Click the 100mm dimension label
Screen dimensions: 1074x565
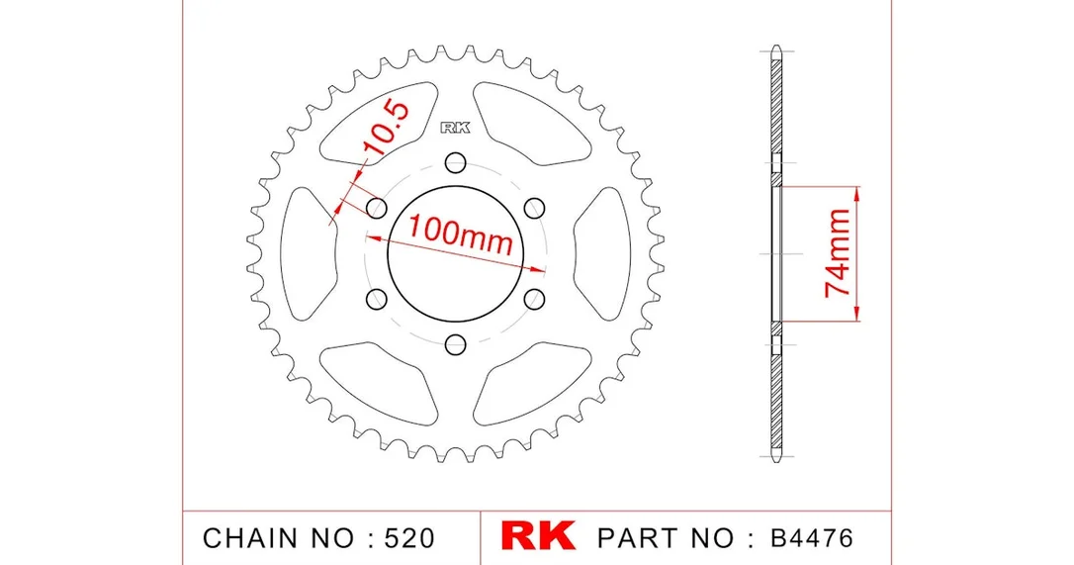click(460, 235)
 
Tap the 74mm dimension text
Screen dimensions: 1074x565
click(838, 253)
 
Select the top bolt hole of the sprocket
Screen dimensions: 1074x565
click(455, 162)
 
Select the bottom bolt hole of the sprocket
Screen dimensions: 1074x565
click(456, 344)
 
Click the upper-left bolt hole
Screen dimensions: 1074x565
click(377, 208)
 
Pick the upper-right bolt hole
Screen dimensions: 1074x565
click(534, 207)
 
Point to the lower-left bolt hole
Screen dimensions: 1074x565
click(377, 299)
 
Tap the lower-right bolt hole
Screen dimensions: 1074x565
click(534, 299)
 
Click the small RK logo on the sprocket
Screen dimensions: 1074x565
click(456, 128)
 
